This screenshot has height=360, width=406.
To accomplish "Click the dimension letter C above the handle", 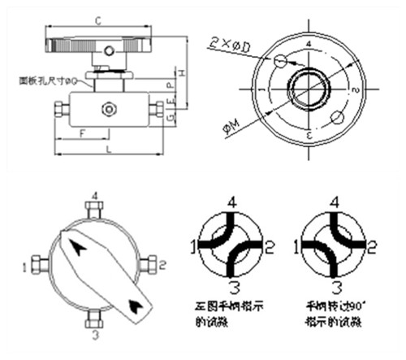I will (99, 17).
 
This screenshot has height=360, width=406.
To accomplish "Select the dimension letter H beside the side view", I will (184, 73).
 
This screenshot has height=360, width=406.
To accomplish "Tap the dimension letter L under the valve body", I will (108, 152).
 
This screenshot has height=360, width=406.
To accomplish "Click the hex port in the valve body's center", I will (107, 107).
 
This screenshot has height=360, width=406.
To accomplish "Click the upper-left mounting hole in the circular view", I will (280, 61).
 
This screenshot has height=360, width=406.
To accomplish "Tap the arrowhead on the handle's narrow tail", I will (136, 305).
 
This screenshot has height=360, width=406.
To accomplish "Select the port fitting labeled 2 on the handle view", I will (149, 263).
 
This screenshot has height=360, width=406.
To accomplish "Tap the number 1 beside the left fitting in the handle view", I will (27, 264).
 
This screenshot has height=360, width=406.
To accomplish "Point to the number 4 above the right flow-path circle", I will (332, 200).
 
